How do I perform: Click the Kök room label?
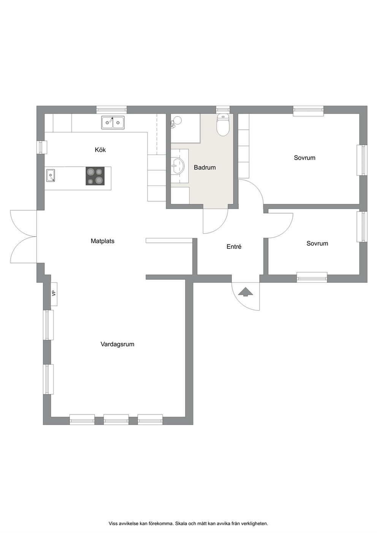100,150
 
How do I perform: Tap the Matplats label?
102,241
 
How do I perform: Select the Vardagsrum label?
117,344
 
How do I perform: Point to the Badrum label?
205,167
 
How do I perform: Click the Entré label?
234,247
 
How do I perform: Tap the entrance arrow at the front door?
245,292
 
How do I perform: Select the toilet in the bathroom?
223,125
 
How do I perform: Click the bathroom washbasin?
178,166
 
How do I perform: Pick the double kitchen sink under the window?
113,123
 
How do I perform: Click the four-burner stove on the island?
95,176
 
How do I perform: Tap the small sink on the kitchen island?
51,175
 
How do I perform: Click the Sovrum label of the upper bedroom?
304,158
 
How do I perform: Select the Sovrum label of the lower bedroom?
317,243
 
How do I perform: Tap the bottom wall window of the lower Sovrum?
312,278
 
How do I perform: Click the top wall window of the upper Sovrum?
309,111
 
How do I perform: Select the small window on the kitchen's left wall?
42,147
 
